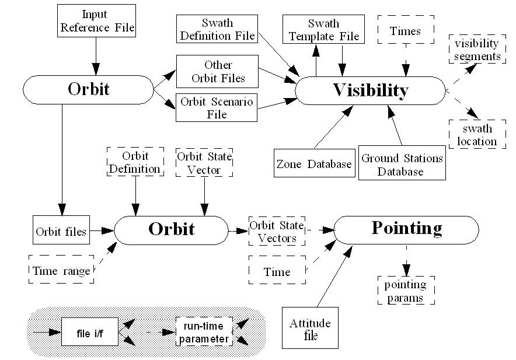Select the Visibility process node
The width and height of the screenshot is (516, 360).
[x=370, y=90]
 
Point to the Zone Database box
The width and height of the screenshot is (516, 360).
[x=314, y=164]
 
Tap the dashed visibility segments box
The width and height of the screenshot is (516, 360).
[x=477, y=50]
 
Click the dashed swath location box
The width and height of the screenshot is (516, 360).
[x=477, y=134]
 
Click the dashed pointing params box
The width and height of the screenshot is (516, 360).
[x=405, y=290]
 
